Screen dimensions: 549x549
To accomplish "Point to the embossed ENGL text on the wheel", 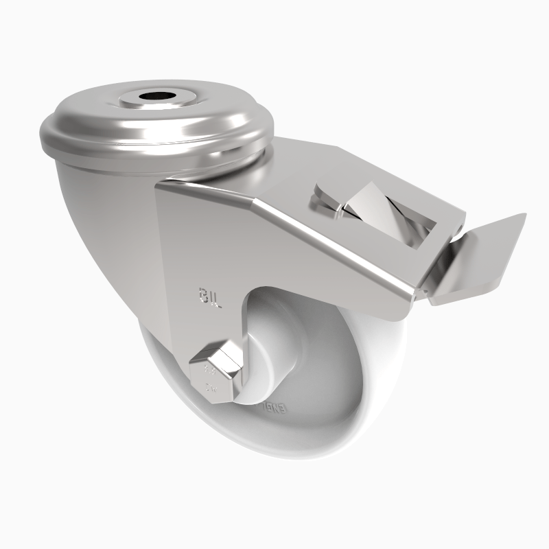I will coord(274,410).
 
